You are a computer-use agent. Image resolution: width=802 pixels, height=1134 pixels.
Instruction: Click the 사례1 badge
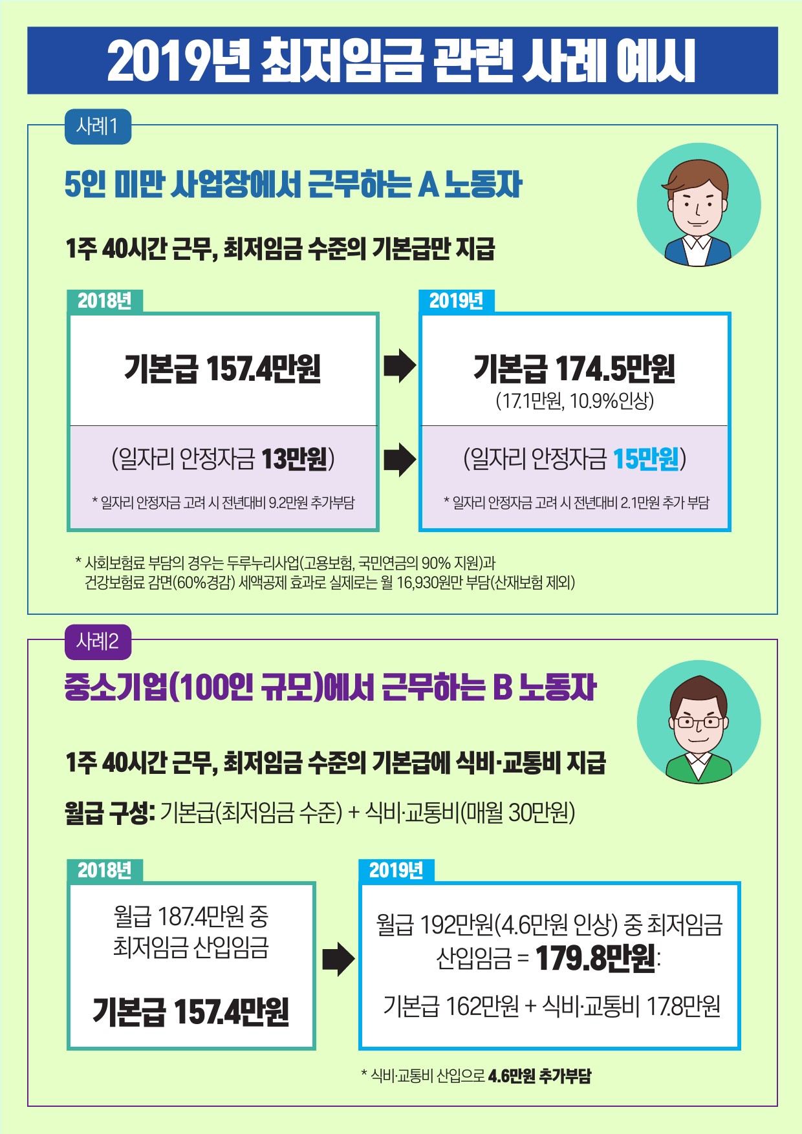[x=98, y=127]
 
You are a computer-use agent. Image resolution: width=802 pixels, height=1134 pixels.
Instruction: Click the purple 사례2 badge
[x=98, y=641]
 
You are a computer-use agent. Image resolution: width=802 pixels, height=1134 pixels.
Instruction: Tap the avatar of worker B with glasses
[x=699, y=722]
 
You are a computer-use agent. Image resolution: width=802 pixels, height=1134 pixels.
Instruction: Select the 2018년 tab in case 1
[x=105, y=301]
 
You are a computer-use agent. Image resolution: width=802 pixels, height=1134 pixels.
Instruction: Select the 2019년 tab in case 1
[x=457, y=301]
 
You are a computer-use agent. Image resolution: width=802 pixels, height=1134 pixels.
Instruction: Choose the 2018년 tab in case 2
[x=105, y=871]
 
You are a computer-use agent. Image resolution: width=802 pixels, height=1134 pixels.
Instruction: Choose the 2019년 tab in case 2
[x=396, y=871]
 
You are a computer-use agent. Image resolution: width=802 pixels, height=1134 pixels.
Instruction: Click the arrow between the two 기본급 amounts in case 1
[x=399, y=366]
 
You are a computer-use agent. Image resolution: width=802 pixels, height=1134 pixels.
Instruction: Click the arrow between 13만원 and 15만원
[x=399, y=460]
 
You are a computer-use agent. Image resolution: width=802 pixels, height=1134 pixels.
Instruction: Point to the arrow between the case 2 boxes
[x=338, y=959]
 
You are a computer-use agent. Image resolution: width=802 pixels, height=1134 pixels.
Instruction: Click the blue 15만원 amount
[x=646, y=459]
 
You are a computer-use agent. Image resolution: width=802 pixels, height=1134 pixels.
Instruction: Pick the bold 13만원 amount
[x=294, y=459]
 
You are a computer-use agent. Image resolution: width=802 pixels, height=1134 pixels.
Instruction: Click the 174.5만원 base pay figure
[x=614, y=369]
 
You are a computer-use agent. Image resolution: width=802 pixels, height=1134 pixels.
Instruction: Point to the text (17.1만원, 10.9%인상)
[x=575, y=401]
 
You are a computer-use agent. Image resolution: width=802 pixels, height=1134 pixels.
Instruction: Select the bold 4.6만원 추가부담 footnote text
[x=539, y=1076]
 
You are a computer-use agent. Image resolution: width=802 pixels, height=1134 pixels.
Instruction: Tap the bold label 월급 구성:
[x=109, y=813]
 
